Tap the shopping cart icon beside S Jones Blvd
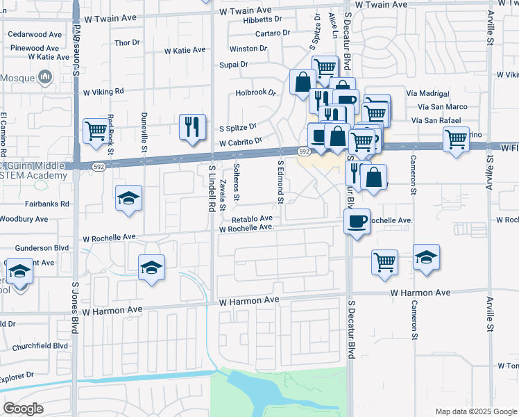pos(95,130)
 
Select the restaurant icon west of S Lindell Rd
pos(192,126)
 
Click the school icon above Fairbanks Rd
pos(129,198)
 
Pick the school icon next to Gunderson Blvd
pos(151,267)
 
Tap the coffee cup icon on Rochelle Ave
pos(357,221)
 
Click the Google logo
pos(23,408)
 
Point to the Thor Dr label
pos(127,42)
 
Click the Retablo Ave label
pos(256,218)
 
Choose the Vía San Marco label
pos(443,107)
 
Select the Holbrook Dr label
pos(255,92)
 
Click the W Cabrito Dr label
pos(240,142)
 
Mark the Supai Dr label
pos(235,65)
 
